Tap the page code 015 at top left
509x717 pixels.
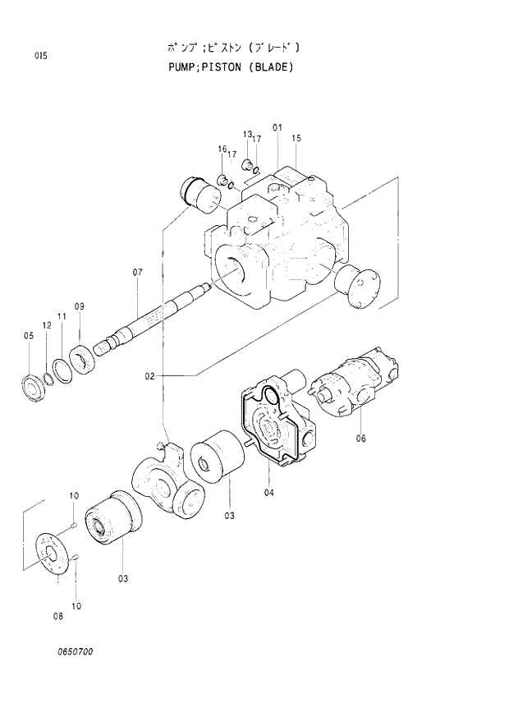tap(40, 56)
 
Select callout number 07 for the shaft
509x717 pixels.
tap(137, 272)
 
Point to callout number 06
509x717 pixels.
tap(360, 438)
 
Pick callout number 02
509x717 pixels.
tap(150, 376)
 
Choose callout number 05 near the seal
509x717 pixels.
tap(28, 335)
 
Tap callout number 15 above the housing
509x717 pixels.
tap(296, 138)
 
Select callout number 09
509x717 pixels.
tap(80, 307)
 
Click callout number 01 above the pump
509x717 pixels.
tap(277, 127)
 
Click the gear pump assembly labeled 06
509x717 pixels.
tap(353, 384)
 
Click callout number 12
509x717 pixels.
tap(47, 326)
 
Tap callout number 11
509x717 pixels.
tap(62, 316)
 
